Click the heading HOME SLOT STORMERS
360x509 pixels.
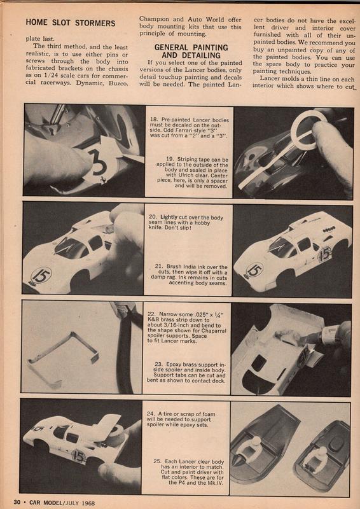point(71,23)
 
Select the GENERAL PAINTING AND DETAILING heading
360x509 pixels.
point(191,52)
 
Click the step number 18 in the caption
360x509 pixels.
point(153,120)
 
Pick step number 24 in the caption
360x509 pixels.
point(150,414)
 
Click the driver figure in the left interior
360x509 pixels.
point(252,449)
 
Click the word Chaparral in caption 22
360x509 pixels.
point(213,330)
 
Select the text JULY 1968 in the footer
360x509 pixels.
point(80,503)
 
